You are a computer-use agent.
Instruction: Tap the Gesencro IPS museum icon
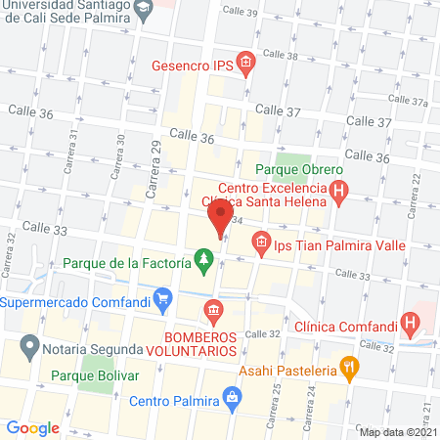click(245, 66)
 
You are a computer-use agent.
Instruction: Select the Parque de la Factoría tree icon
click(203, 261)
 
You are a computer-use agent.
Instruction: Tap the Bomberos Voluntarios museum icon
click(212, 312)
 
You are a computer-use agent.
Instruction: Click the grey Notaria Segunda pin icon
click(29, 346)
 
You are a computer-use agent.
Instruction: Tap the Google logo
click(33, 427)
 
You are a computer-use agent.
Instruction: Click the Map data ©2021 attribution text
click(397, 431)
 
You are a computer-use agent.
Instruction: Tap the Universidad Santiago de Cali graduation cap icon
click(145, 9)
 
